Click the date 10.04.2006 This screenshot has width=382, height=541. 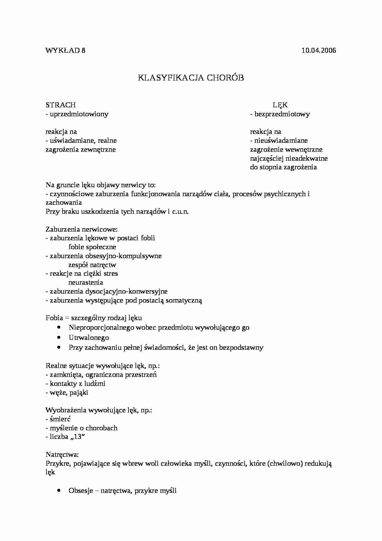[x=319, y=51]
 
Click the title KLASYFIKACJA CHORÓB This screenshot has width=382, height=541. [x=191, y=78]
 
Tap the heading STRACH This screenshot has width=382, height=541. [x=60, y=105]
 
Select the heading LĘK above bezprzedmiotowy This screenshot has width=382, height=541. [x=280, y=105]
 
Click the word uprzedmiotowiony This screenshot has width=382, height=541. [x=79, y=114]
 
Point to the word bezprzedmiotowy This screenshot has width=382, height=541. [x=282, y=114]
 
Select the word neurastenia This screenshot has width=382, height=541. [x=86, y=283]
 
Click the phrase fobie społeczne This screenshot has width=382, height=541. [x=92, y=247]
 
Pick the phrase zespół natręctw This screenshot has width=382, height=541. [x=92, y=265]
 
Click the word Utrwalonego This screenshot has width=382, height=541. [x=89, y=338]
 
